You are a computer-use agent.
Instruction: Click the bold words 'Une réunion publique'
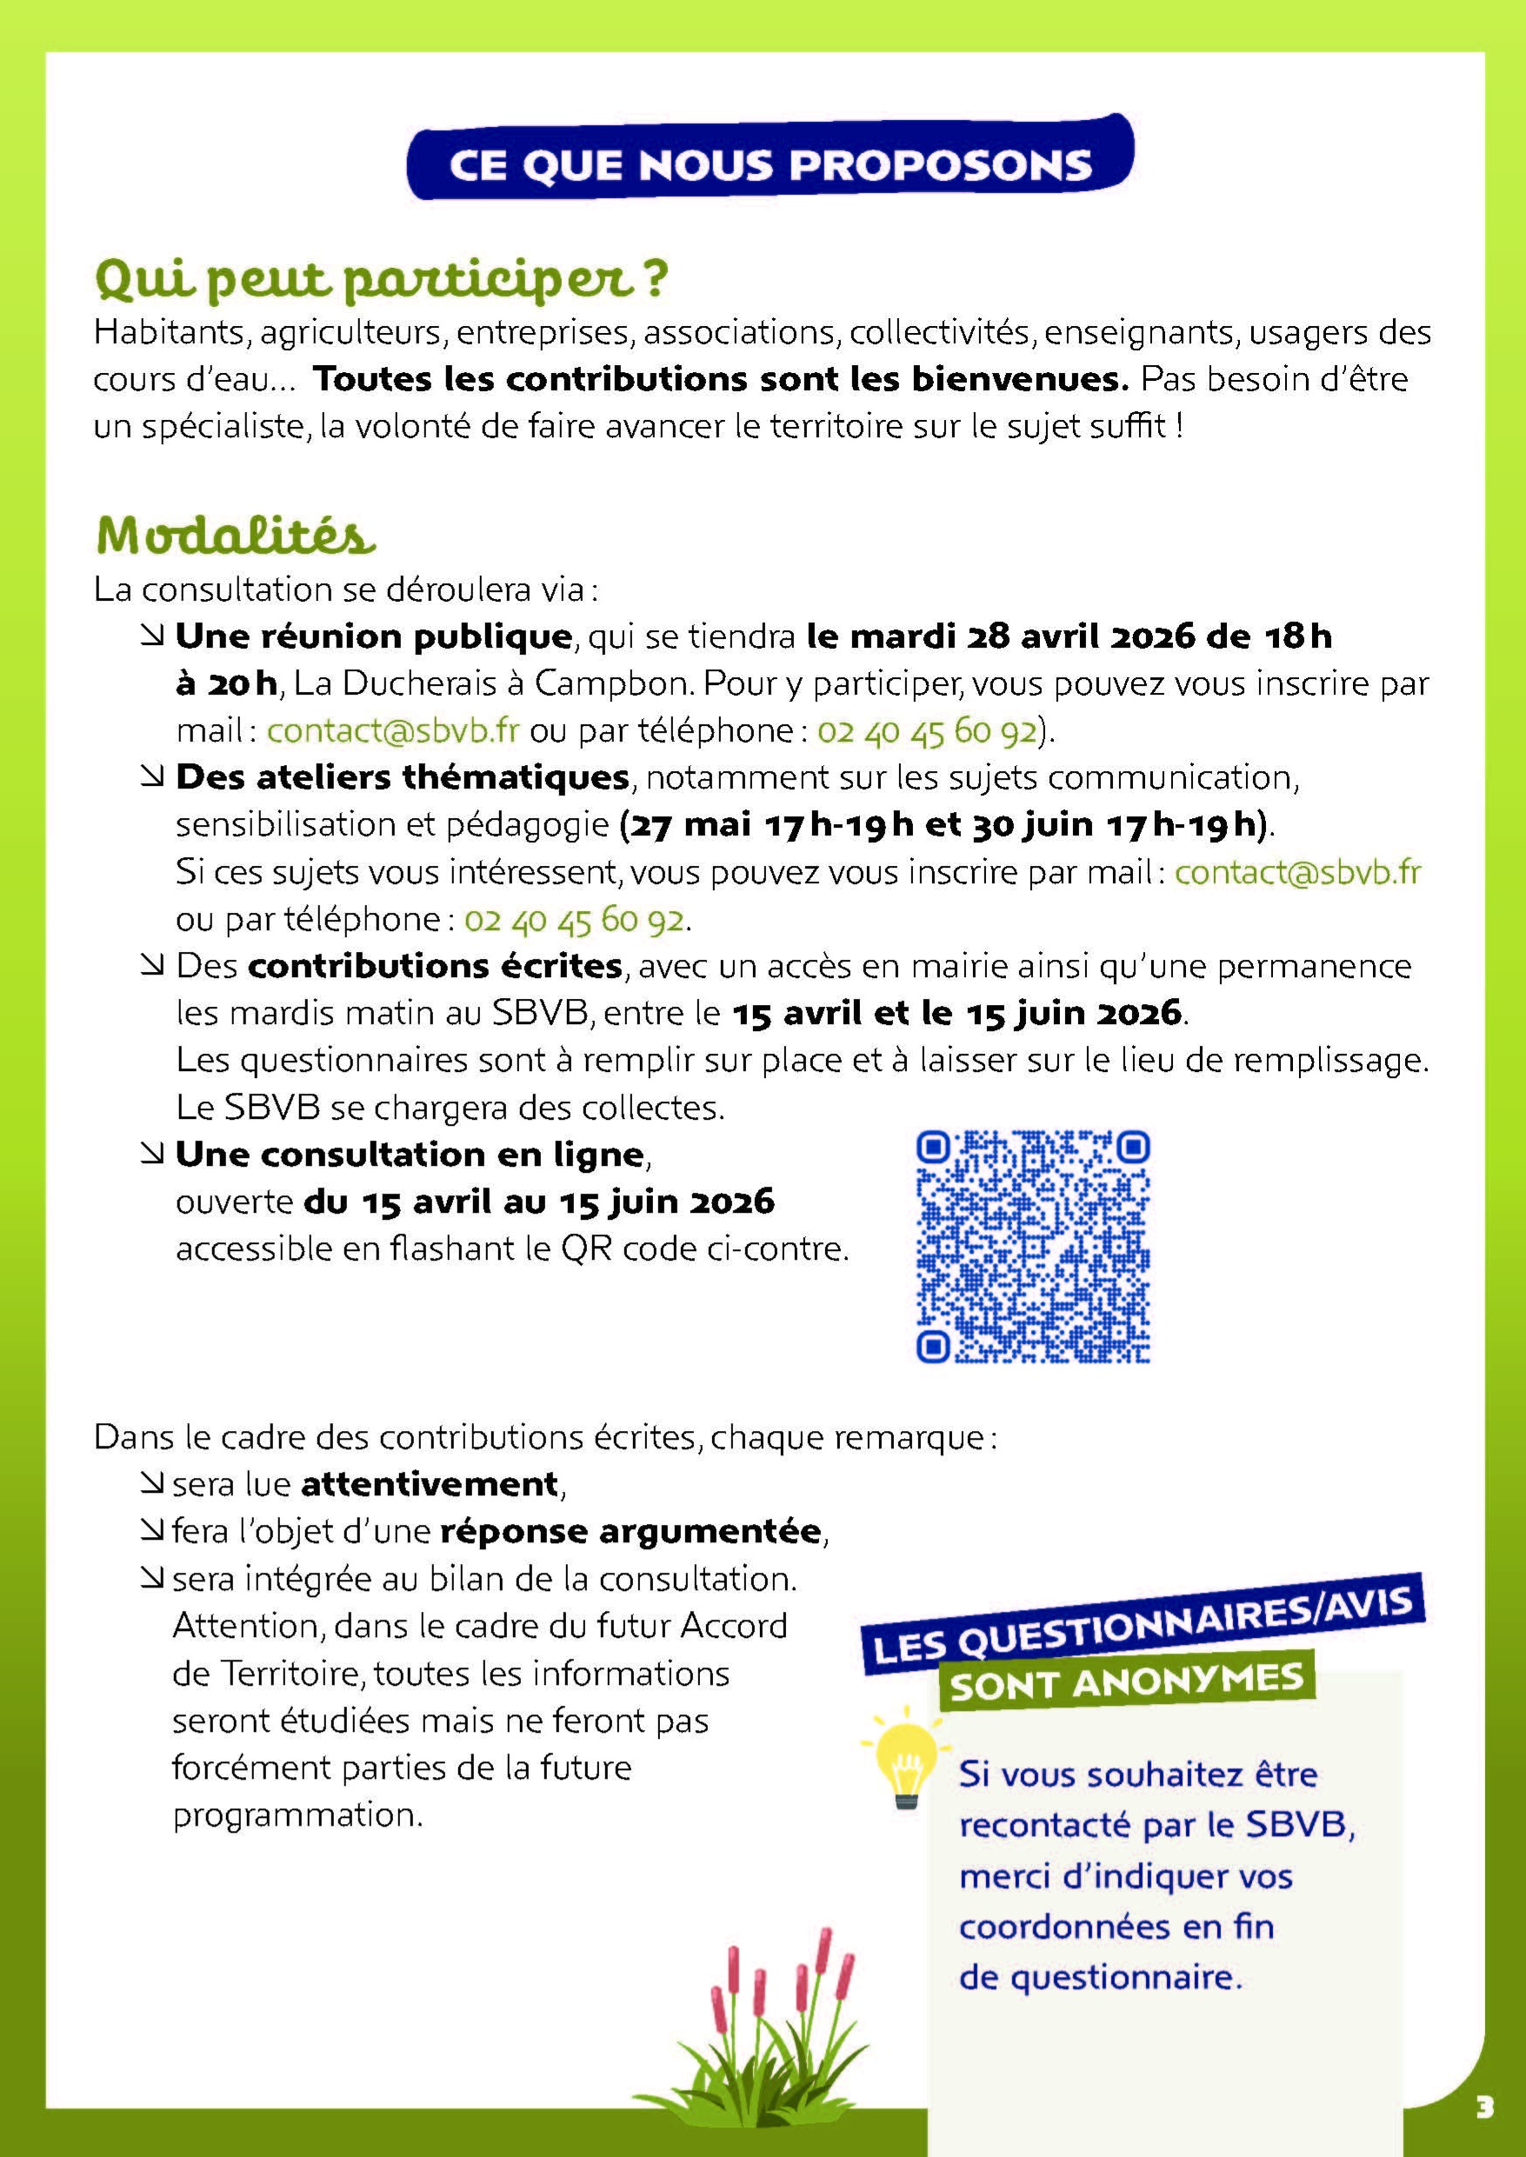[373, 637]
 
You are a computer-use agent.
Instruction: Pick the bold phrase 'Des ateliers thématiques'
[403, 778]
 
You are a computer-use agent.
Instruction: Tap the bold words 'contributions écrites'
[435, 966]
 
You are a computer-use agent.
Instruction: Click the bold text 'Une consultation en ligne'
[410, 1155]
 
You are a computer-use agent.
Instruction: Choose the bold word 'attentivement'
[430, 1484]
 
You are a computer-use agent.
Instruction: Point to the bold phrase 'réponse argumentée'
[630, 1531]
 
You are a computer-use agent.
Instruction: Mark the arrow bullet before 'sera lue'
[150, 1484]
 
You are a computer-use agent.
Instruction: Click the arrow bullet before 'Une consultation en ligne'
[150, 1155]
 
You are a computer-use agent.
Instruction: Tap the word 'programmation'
[293, 1814]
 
